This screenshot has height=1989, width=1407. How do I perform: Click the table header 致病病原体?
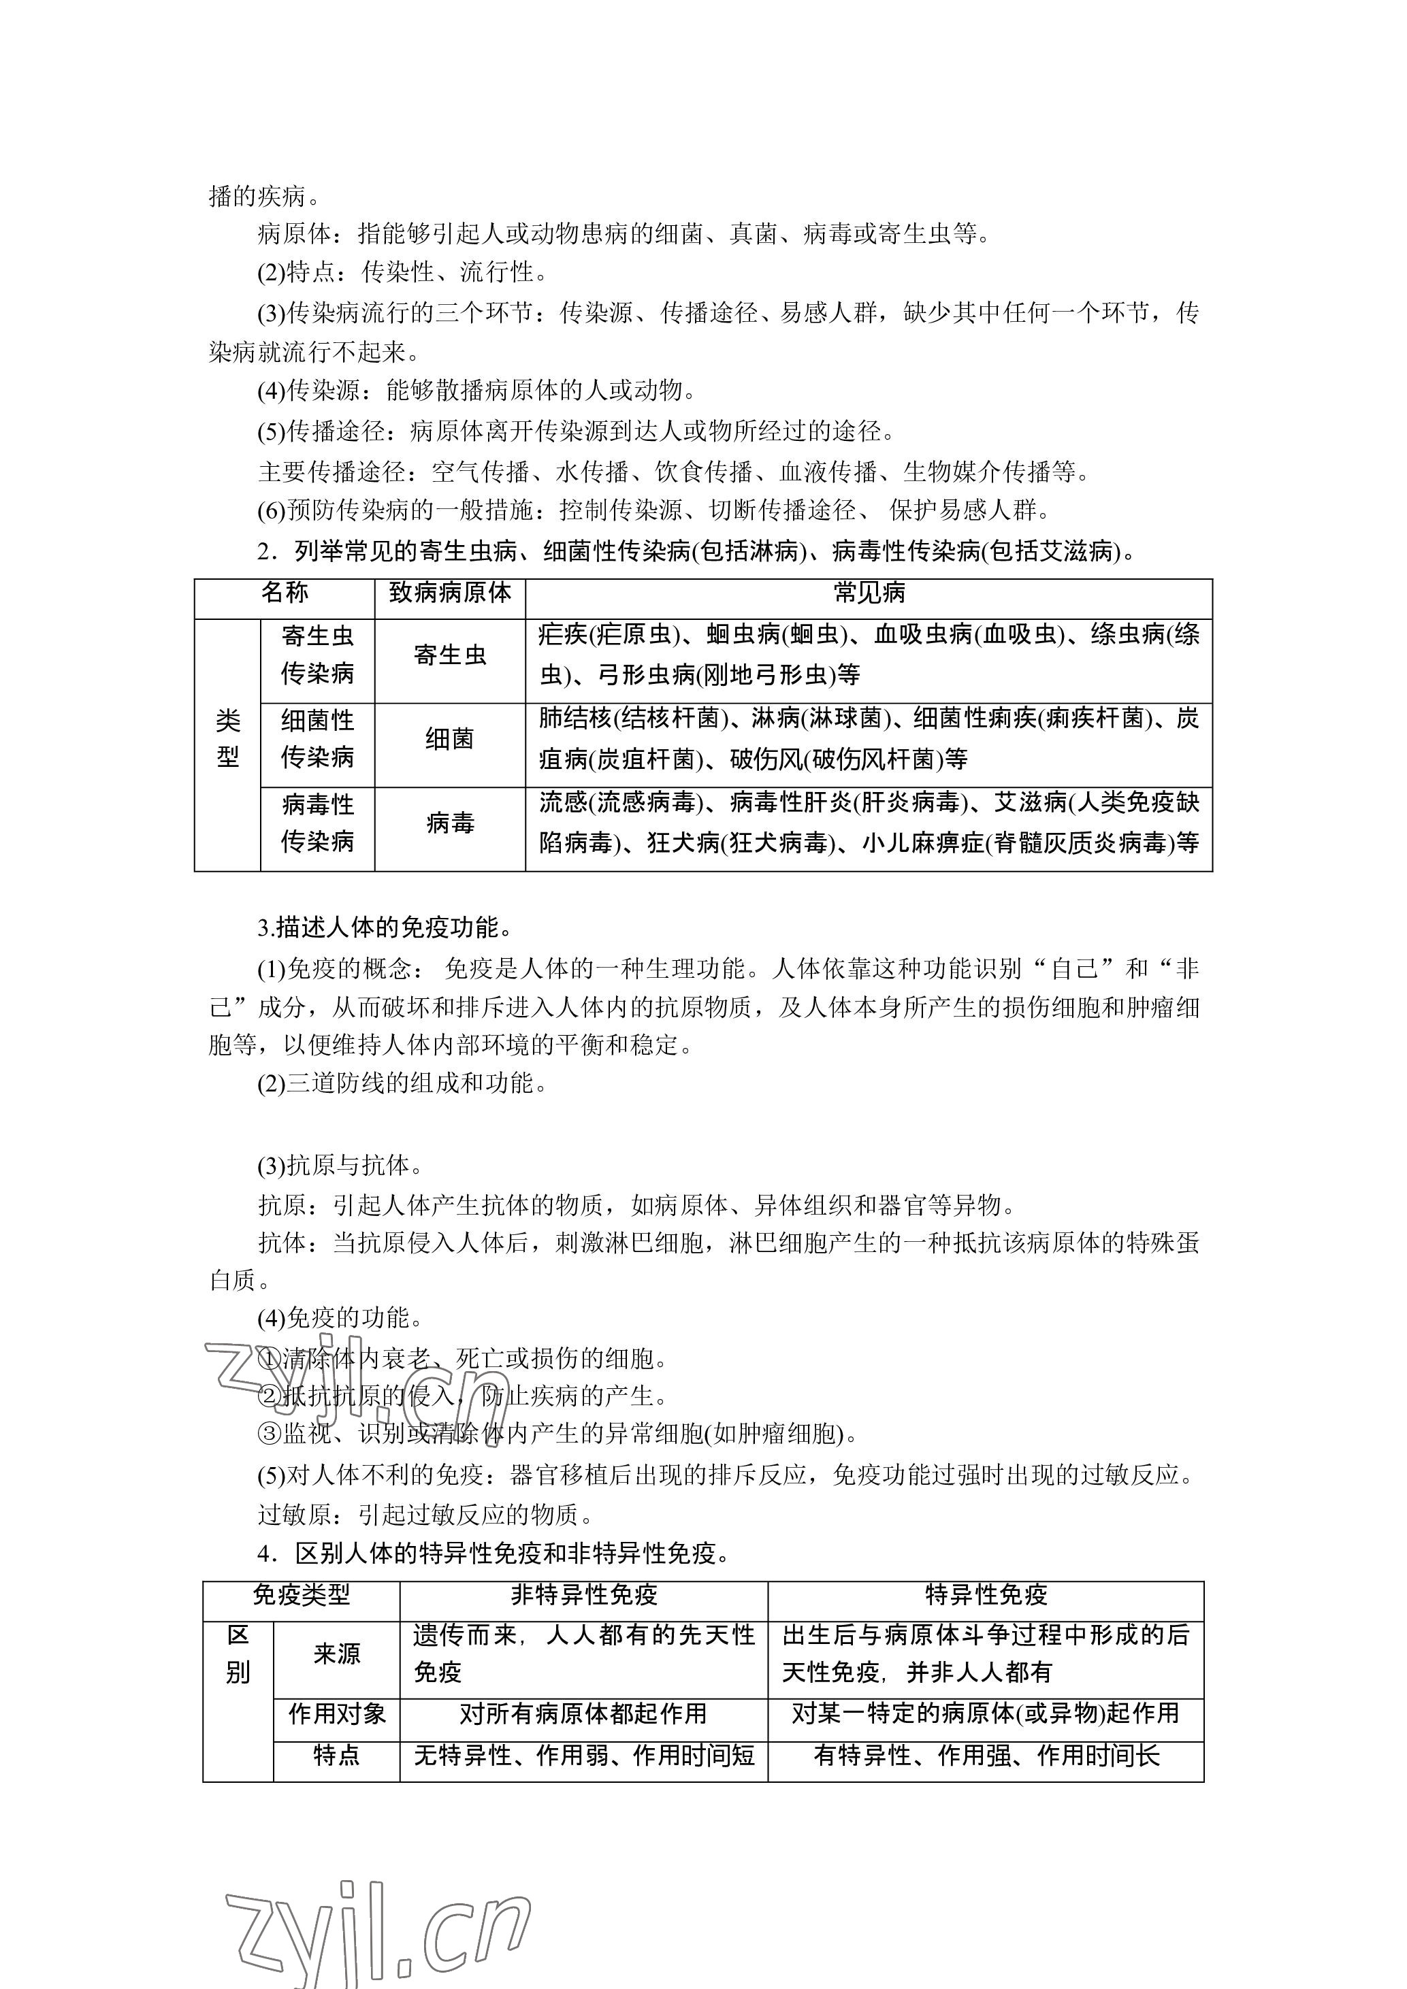(x=450, y=593)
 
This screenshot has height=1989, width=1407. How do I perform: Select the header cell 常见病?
(x=869, y=593)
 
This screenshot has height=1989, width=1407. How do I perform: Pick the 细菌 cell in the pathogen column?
(x=450, y=739)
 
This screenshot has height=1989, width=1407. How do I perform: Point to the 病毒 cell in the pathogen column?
(x=450, y=823)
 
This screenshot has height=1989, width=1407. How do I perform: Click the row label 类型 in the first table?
(x=228, y=739)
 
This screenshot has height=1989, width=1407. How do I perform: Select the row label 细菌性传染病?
(x=317, y=739)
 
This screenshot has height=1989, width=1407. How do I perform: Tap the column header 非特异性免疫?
(x=584, y=1595)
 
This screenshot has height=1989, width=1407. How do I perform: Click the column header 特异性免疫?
(x=986, y=1595)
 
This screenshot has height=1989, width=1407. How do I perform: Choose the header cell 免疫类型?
(x=302, y=1595)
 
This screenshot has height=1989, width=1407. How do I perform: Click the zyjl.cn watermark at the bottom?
(x=378, y=1919)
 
